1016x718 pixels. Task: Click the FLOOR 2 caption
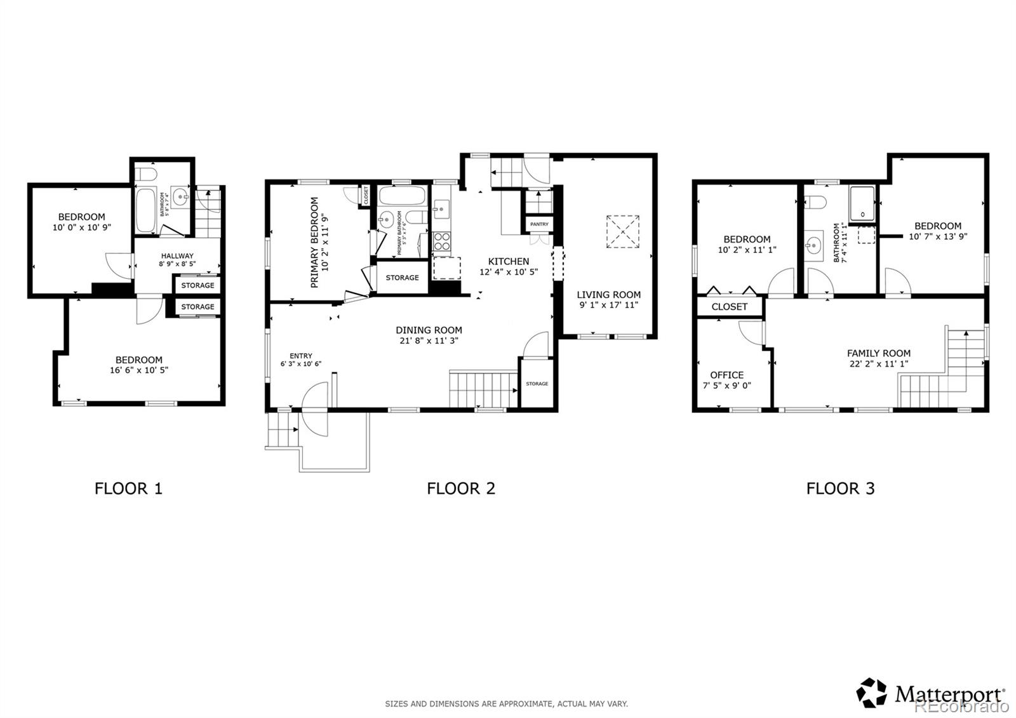[460, 489]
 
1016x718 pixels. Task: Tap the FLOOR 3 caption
[840, 489]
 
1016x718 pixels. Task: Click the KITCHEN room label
[508, 261]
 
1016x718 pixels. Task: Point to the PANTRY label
[539, 224]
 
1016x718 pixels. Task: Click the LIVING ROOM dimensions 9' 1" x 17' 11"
[608, 305]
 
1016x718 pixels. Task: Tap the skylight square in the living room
[622, 231]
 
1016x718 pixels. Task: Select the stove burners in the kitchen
[442, 241]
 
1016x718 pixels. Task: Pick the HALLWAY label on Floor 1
[177, 256]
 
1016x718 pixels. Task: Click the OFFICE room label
[726, 375]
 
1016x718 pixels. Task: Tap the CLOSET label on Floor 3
[729, 306]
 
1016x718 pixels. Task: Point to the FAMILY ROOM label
[878, 353]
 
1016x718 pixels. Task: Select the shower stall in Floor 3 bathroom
[863, 203]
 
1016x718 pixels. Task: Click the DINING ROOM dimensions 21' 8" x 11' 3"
[429, 341]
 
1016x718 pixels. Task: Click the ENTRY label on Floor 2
[300, 356]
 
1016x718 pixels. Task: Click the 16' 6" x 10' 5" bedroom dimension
[138, 370]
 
